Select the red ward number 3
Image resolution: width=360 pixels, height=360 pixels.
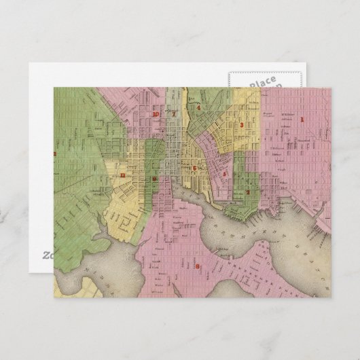tap(242, 125)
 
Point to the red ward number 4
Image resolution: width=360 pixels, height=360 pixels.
tap(198, 107)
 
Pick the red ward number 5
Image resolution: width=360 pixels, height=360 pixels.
tap(224, 174)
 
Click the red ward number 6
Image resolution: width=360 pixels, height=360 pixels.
tap(194, 168)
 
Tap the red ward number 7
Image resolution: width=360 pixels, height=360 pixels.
tap(173, 113)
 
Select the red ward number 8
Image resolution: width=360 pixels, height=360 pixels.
tap(198, 266)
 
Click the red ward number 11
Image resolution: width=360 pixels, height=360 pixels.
tap(122, 176)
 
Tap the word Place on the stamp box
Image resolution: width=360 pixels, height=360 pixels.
tap(262, 82)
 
